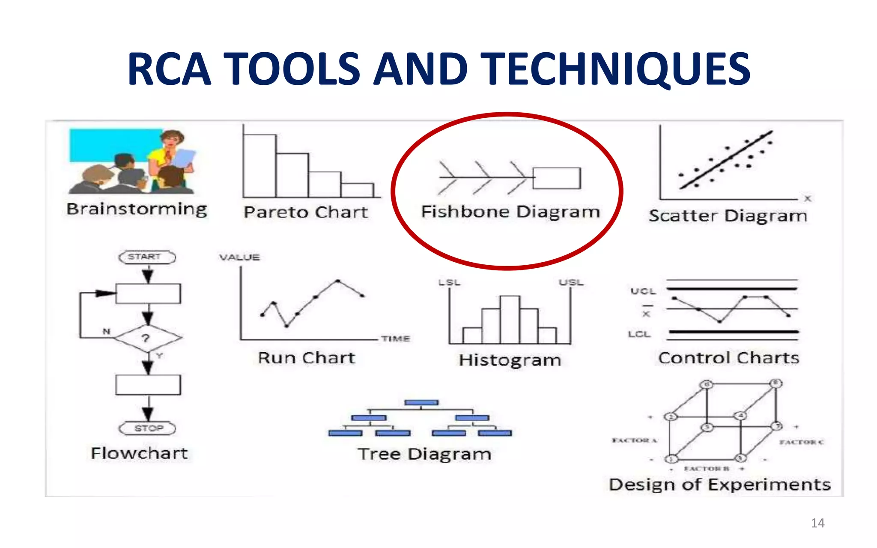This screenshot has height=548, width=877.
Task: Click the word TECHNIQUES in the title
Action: (x=617, y=69)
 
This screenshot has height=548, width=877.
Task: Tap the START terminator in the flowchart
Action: (x=147, y=257)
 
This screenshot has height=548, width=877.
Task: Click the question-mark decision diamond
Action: (x=147, y=338)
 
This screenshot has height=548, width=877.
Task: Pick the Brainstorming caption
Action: (x=137, y=209)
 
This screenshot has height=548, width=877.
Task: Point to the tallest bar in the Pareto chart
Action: (x=260, y=166)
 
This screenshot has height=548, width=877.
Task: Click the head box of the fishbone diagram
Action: (x=557, y=178)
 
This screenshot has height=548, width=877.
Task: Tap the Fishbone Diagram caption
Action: (x=510, y=212)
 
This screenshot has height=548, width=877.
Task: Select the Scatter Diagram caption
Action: (x=728, y=216)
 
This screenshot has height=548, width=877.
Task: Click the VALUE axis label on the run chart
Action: (x=239, y=257)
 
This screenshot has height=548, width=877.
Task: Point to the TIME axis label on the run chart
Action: (x=396, y=339)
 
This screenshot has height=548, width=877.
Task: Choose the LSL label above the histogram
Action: (x=449, y=283)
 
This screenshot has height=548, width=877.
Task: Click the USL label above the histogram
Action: (x=571, y=283)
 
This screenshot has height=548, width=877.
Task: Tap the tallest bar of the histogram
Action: (x=510, y=319)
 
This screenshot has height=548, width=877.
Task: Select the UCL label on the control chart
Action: (x=643, y=291)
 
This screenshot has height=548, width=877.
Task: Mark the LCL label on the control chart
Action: (x=639, y=334)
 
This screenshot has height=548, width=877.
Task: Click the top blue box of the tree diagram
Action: (x=421, y=402)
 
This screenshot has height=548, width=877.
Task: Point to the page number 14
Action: (x=817, y=523)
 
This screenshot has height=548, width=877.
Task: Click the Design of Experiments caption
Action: (x=719, y=485)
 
